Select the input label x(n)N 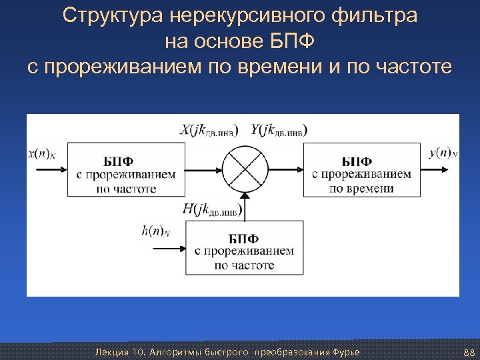41,154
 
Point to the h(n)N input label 156,231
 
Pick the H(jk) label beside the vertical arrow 213,210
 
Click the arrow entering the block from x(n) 50,169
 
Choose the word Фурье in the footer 345,351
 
